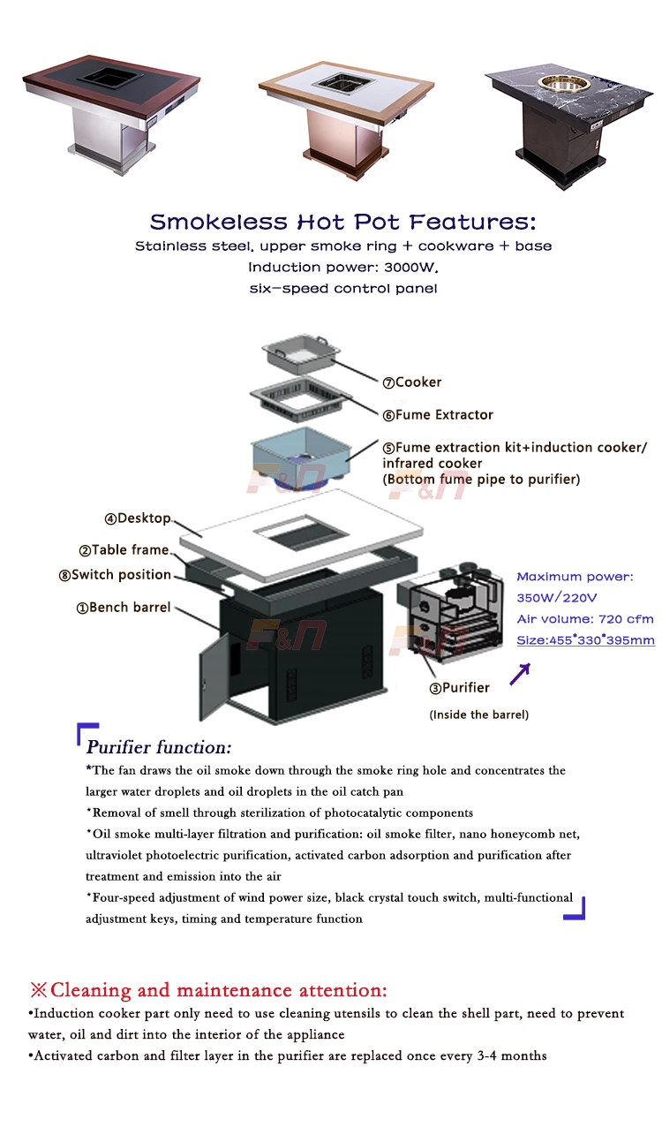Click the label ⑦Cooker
click(x=412, y=382)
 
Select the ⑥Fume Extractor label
click(x=438, y=415)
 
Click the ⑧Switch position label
click(x=115, y=575)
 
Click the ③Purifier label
click(x=460, y=687)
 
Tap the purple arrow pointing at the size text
click(x=520, y=674)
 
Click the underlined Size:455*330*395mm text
click(x=586, y=640)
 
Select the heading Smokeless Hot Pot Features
click(x=342, y=222)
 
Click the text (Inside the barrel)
click(x=479, y=715)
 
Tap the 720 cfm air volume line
click(x=585, y=619)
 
